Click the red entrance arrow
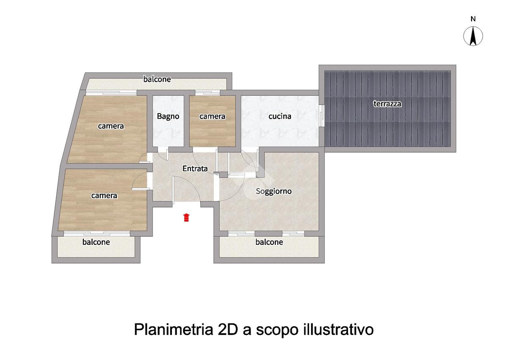[x=186, y=217]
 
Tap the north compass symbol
[x=473, y=36]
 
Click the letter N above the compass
[x=473, y=19]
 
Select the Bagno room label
[x=168, y=116]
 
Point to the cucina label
[x=280, y=116]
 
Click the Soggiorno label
[x=273, y=191]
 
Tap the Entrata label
[x=195, y=168]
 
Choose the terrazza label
[x=387, y=104]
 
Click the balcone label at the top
[x=157, y=79]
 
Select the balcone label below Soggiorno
[x=269, y=242]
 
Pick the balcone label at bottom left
[x=96, y=242]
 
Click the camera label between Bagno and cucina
[x=212, y=116]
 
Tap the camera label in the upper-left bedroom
[x=111, y=126]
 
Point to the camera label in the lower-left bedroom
[x=104, y=196]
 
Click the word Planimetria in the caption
[x=174, y=330]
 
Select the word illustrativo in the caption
[x=339, y=330]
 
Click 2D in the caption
[x=228, y=330]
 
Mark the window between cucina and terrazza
[x=322, y=116]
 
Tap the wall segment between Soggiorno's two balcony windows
[x=268, y=233]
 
